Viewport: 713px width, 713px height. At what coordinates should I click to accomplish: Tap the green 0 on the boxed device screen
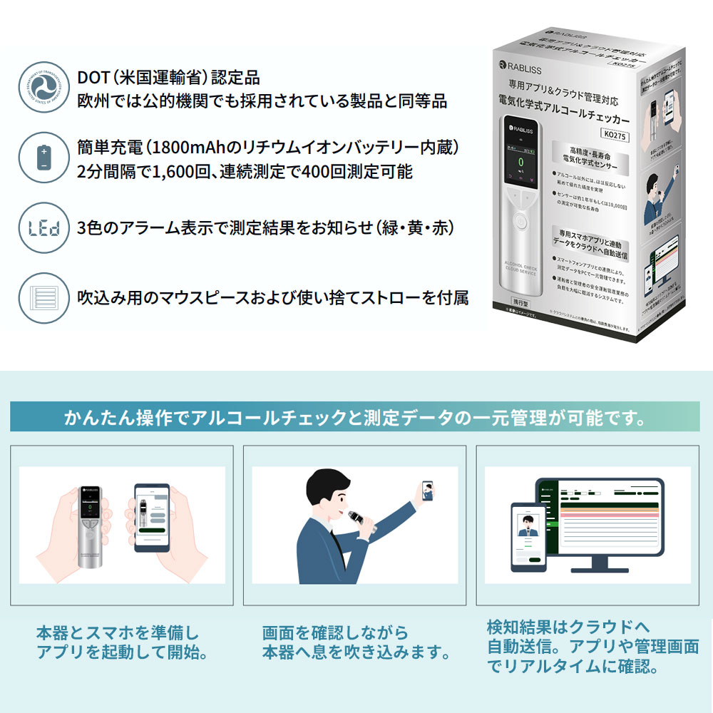click(x=520, y=162)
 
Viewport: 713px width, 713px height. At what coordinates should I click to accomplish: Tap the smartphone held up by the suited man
click(x=427, y=491)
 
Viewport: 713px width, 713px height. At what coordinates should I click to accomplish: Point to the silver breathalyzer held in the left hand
click(x=89, y=525)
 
